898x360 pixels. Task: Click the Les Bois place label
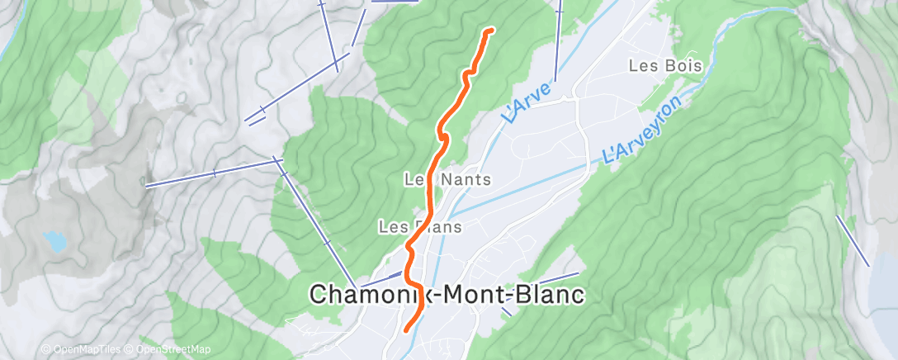664,64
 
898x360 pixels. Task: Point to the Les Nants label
448,178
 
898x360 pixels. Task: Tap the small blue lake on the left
54,240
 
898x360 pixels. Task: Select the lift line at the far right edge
853,240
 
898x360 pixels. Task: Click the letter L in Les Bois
633,64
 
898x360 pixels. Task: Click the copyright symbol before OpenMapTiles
45,349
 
